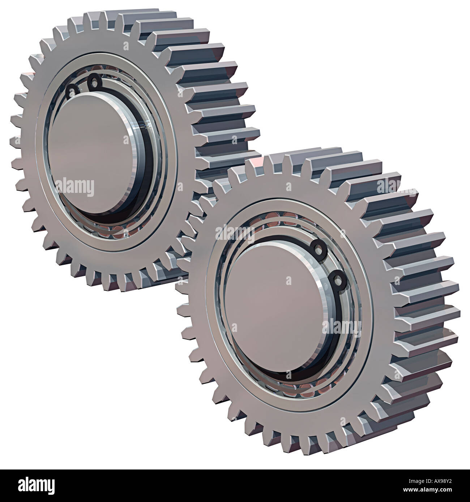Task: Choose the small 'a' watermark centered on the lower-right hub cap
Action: tap(288, 281)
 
